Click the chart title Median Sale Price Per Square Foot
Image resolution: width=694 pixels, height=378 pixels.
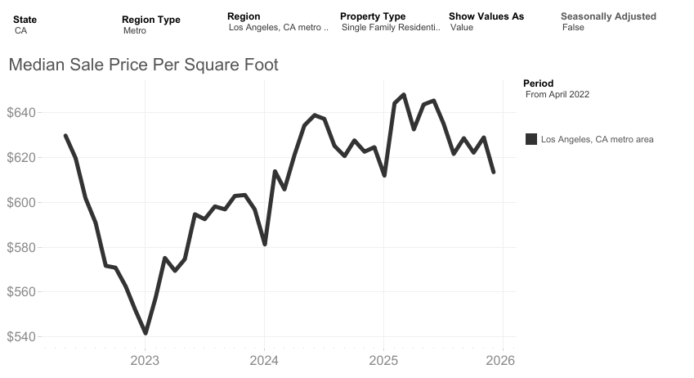pyautogui.click(x=143, y=65)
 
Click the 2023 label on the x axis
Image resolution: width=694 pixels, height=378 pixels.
pyautogui.click(x=145, y=360)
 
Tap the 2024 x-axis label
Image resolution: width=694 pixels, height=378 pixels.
pyautogui.click(x=264, y=360)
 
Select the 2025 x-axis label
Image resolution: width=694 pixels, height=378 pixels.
pyautogui.click(x=383, y=360)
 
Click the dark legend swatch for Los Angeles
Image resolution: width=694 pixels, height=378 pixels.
pyautogui.click(x=531, y=140)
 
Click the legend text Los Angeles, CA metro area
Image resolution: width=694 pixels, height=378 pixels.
pyautogui.click(x=597, y=140)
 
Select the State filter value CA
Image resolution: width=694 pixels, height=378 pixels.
pyautogui.click(x=21, y=29)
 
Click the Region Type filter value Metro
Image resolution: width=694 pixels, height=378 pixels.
pyautogui.click(x=135, y=30)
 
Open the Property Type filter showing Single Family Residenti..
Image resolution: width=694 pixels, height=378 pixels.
pyautogui.click(x=391, y=28)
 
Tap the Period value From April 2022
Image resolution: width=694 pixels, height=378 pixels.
pyautogui.click(x=557, y=95)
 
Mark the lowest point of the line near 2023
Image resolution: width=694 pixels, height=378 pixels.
pyautogui.click(x=146, y=333)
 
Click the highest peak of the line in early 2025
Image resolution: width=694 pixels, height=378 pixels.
pyautogui.click(x=404, y=95)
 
